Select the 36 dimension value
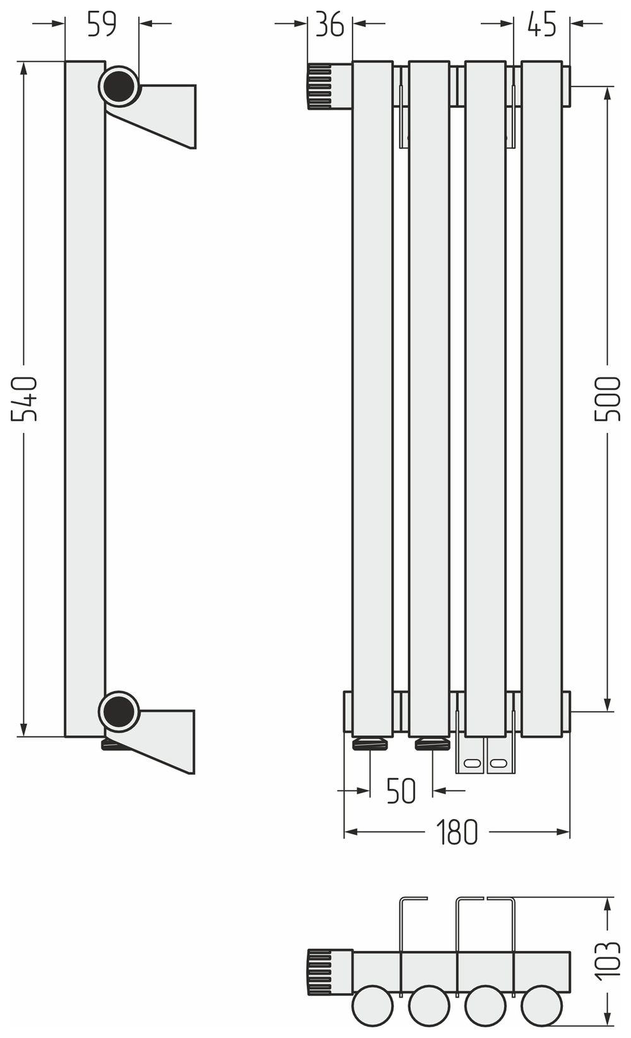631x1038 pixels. pos(330,24)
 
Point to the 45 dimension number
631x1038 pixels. pos(541,24)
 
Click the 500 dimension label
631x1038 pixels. pos(608,399)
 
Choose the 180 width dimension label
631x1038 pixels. pos(457,832)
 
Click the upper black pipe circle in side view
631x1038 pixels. pos(119,86)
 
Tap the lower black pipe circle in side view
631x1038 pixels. pos(119,712)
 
